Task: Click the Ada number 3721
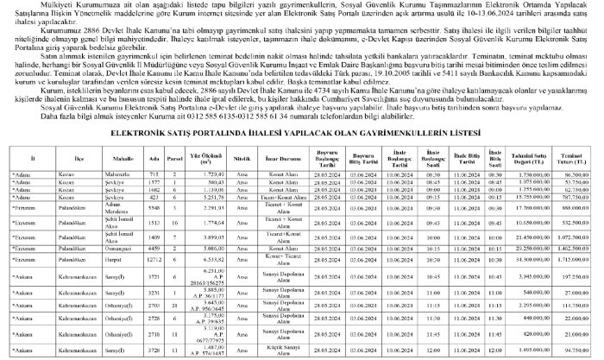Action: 154,302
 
